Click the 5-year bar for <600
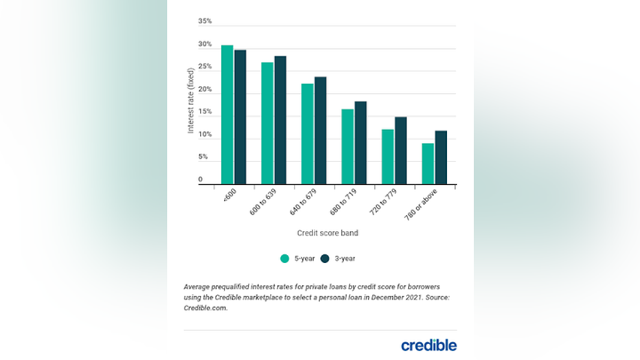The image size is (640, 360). click(227, 115)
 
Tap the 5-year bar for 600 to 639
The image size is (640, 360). click(267, 123)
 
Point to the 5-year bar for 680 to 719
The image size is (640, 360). click(347, 146)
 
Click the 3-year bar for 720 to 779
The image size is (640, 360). click(400, 150)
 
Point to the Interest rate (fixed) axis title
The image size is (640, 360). click(192, 100)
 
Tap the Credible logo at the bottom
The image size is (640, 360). click(428, 344)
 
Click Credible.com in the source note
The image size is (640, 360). click(205, 308)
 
